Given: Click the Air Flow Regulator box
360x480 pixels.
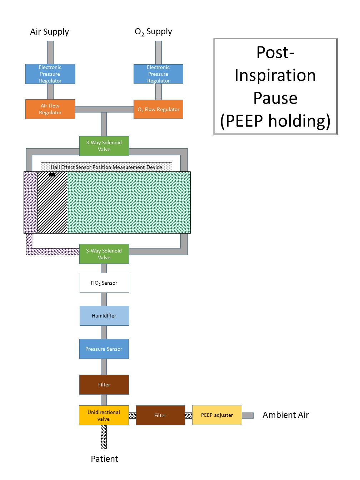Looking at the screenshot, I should point(50,109).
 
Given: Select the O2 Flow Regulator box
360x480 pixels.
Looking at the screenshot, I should point(158,109).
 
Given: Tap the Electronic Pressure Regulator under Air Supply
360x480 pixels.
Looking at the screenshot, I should point(50,74).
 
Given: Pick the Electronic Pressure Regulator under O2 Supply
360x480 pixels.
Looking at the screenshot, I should point(158,74).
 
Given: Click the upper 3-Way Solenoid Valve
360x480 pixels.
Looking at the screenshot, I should point(104,146).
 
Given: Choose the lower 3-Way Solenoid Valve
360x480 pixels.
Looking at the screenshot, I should point(104,254).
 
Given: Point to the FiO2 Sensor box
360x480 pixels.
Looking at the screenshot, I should point(104,283).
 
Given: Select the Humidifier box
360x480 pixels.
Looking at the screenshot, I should point(104,316).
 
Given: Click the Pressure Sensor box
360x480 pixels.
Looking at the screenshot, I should point(104,349).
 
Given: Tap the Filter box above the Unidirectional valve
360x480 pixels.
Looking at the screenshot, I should point(104,385).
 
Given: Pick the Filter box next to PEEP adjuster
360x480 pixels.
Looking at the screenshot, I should point(160,415).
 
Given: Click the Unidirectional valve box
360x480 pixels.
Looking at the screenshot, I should point(104,415).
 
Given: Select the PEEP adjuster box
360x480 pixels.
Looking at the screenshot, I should point(217,415).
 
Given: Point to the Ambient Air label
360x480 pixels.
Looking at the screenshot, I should point(285,415).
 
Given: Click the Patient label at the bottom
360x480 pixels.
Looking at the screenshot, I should point(104,459).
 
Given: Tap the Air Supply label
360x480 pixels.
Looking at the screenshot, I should point(49,32).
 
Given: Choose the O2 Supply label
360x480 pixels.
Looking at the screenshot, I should point(153,32).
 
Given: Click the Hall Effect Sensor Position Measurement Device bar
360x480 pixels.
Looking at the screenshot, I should point(106,167).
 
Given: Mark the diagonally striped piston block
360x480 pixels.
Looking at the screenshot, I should point(52,204).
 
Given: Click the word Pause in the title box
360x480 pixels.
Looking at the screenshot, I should point(275,98).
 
